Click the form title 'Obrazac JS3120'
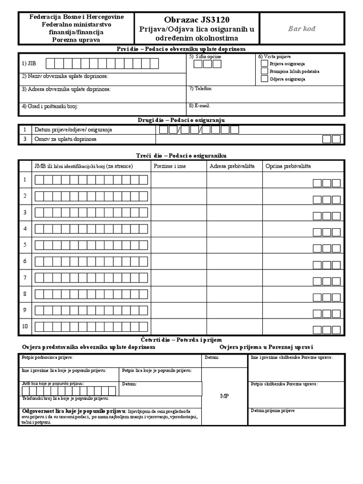tap(197, 20)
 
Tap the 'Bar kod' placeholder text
tap(302, 29)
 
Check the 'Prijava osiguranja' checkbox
tap(264, 63)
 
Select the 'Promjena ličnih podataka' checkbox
tap(264, 71)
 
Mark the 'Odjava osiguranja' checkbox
tap(264, 79)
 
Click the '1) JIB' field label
tap(28, 63)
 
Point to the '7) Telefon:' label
tap(201, 88)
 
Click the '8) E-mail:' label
tap(199, 105)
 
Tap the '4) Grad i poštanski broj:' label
tap(50, 106)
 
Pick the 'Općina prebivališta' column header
tap(288, 166)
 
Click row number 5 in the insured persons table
tap(25, 245)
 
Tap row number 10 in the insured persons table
tap(25, 326)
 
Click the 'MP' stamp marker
tap(225, 396)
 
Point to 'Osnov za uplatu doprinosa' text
tap(65, 139)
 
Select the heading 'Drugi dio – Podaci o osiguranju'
tap(181, 120)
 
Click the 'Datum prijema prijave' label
tap(273, 411)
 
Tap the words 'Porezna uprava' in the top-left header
tap(77, 40)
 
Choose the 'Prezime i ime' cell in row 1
tap(179, 180)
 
